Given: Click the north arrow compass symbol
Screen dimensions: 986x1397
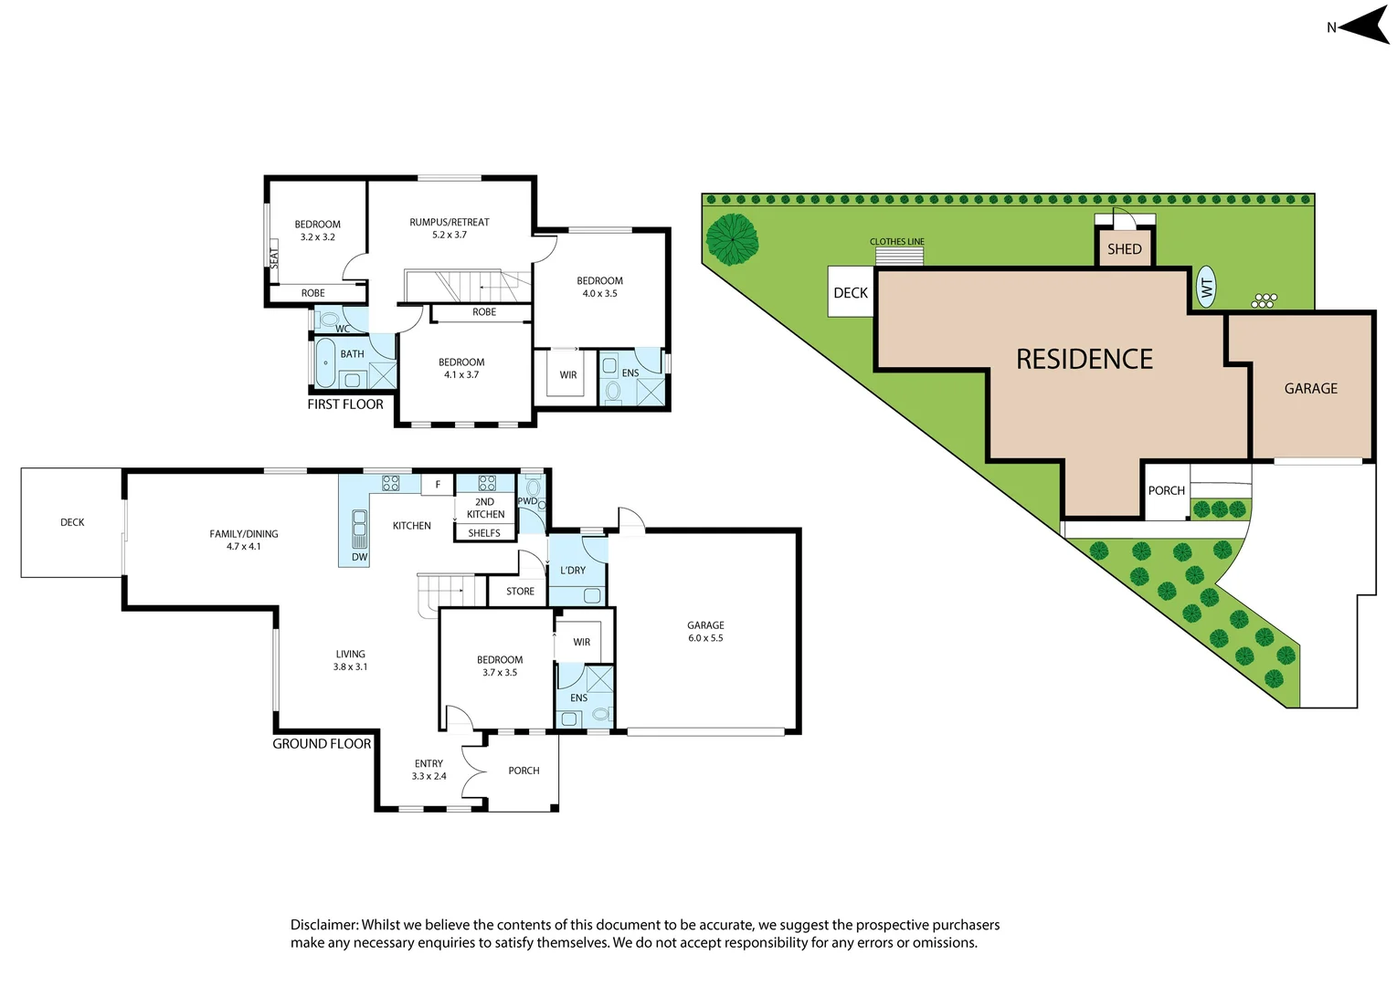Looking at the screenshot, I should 1363,26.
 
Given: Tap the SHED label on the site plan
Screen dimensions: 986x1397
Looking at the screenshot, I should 1124,249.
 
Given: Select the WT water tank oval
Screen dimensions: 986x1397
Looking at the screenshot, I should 1206,288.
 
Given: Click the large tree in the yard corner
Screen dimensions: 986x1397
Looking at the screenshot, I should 732,239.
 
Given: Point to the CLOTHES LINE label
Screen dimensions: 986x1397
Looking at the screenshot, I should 896,242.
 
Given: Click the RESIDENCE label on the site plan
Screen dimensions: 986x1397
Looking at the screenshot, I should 1085,360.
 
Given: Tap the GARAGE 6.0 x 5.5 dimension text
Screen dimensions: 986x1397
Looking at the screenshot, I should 705,638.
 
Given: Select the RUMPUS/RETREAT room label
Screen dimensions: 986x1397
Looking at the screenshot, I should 450,222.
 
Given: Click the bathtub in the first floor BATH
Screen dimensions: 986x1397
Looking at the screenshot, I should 325,362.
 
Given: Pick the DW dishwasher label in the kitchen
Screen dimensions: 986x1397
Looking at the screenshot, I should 359,557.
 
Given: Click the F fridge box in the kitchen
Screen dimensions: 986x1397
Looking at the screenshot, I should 438,485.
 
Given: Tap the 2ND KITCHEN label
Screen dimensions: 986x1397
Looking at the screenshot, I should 485,508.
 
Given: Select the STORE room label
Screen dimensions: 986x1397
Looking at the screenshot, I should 520,592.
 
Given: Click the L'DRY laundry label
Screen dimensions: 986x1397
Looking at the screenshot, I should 573,571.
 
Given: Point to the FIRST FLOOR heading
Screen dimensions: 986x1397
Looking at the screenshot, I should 345,404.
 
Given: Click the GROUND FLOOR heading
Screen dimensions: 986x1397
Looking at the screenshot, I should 322,744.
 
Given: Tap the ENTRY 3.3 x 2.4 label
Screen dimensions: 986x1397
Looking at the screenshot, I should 429,770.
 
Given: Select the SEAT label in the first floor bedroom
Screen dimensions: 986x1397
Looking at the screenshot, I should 273,258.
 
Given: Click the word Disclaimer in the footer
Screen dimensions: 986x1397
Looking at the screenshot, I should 323,925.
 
